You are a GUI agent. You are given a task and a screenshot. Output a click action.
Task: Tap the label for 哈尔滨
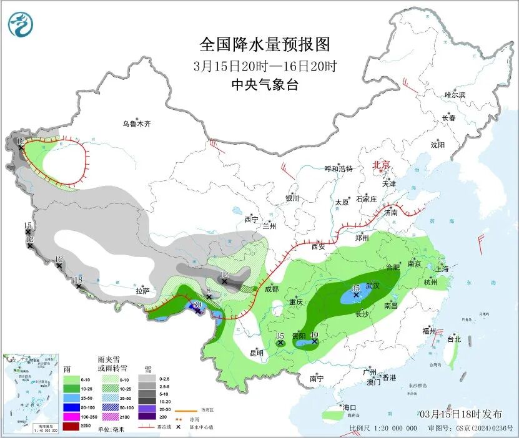(455, 95)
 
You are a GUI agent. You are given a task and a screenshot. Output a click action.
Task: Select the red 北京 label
(381, 165)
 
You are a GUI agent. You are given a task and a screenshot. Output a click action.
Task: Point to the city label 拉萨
(142, 291)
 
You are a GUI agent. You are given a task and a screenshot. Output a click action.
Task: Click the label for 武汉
(372, 285)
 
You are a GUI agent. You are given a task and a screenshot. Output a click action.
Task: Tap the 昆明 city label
(257, 353)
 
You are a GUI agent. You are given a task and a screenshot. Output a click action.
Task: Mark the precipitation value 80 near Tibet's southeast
(197, 304)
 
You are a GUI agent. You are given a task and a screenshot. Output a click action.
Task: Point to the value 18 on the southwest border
(78, 280)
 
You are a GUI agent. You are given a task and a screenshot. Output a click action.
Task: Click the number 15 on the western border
(27, 225)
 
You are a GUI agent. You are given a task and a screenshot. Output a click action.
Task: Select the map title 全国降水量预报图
(264, 44)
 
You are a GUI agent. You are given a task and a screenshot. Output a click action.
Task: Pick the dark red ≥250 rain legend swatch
(71, 427)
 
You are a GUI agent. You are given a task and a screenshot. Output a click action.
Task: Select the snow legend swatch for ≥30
(147, 417)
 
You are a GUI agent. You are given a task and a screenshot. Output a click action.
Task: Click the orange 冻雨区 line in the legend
(182, 410)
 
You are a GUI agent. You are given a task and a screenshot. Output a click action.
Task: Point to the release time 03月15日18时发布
(460, 414)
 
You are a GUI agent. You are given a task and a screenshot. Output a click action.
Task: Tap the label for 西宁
(251, 219)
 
